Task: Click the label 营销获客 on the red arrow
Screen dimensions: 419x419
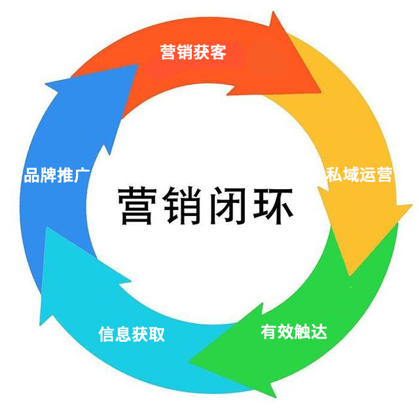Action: point(193,52)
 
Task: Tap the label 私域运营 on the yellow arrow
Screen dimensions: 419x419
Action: point(359,175)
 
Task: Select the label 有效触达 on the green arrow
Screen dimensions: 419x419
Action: point(294,332)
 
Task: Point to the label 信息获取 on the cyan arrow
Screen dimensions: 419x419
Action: point(132,334)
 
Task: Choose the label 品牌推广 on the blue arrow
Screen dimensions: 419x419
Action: point(56,175)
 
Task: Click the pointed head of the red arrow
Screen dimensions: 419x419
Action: point(320,92)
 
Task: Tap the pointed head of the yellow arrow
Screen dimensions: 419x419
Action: point(350,275)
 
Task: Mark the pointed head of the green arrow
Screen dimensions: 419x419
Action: point(189,361)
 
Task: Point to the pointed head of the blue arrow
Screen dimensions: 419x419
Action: point(137,65)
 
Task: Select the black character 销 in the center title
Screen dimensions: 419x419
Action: point(182,205)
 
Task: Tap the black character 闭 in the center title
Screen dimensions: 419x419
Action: point(227,205)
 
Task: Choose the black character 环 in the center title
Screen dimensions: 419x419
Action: point(272,205)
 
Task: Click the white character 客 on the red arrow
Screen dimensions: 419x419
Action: point(218,52)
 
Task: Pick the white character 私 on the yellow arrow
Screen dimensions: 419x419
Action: point(334,175)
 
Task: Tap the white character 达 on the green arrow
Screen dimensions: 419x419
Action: point(319,332)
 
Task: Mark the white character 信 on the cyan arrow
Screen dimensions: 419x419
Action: point(107,334)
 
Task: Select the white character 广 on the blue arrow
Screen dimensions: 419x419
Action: point(81,175)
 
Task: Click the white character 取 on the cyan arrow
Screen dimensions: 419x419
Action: point(156,334)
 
